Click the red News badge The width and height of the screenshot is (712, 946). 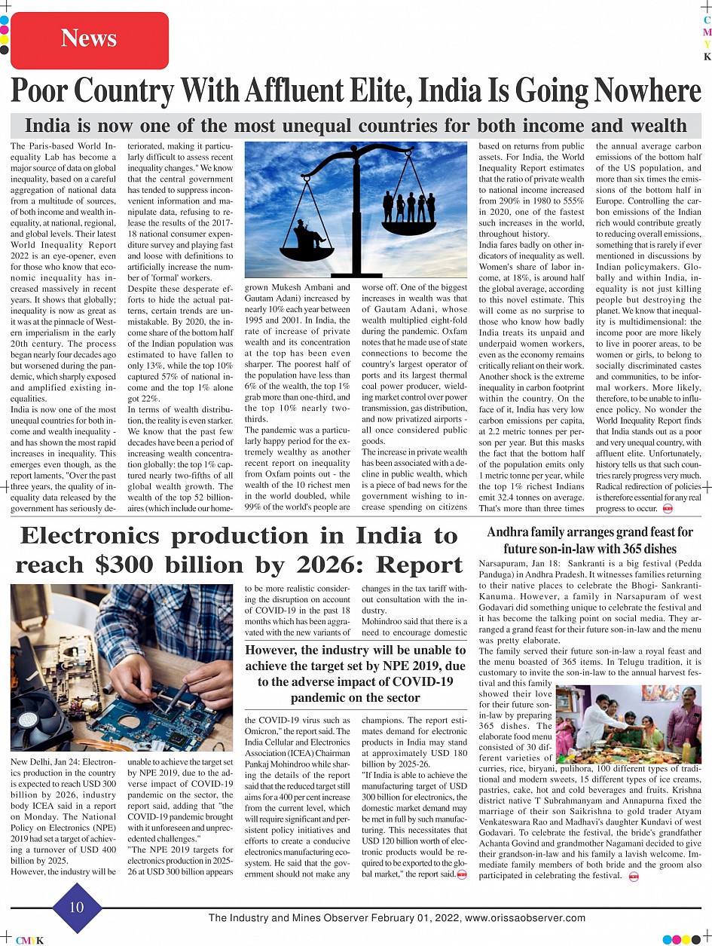pyautogui.click(x=89, y=39)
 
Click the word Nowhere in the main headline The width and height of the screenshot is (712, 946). pyautogui.click(x=647, y=92)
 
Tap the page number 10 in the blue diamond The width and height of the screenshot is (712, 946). pyautogui.click(x=77, y=907)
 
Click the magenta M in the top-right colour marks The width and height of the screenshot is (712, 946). pyautogui.click(x=707, y=33)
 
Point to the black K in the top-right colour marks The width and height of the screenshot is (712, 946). pyautogui.click(x=707, y=57)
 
